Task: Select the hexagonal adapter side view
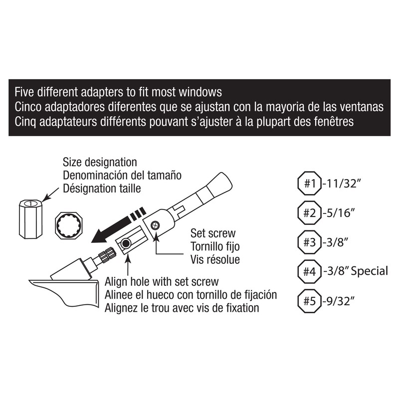pyautogui.click(x=30, y=218)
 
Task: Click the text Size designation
pyautogui.click(x=100, y=163)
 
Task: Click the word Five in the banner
pyautogui.click(x=23, y=93)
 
